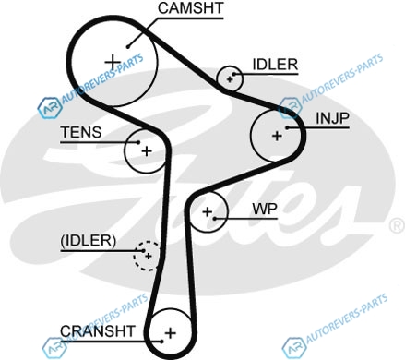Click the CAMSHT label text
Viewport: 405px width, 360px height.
[x=191, y=8]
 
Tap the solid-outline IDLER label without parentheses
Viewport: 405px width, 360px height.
[x=275, y=65]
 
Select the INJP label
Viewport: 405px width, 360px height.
[x=333, y=118]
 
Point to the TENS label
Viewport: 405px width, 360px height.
[x=81, y=132]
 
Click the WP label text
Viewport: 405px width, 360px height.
[x=265, y=210]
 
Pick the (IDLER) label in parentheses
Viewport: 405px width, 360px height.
[x=89, y=241]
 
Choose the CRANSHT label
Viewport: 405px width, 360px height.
[x=98, y=331]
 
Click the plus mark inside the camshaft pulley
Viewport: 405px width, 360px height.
[x=113, y=62]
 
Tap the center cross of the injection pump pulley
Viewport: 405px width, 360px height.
[x=277, y=136]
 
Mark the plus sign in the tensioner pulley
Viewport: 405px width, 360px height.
[x=147, y=151]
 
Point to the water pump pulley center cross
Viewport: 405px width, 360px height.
[x=208, y=211]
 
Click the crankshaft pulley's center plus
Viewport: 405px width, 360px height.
[x=170, y=333]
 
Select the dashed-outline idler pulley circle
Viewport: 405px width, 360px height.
[x=134, y=256]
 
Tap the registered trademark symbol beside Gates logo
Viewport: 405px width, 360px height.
[x=397, y=225]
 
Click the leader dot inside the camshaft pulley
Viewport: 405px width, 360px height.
[x=127, y=47]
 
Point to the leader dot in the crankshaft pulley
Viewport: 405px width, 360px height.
[x=161, y=341]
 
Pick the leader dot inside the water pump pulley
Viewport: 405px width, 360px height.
[x=215, y=219]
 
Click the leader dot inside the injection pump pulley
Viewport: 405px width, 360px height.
[x=287, y=127]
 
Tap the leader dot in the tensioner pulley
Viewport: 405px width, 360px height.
[x=138, y=142]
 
